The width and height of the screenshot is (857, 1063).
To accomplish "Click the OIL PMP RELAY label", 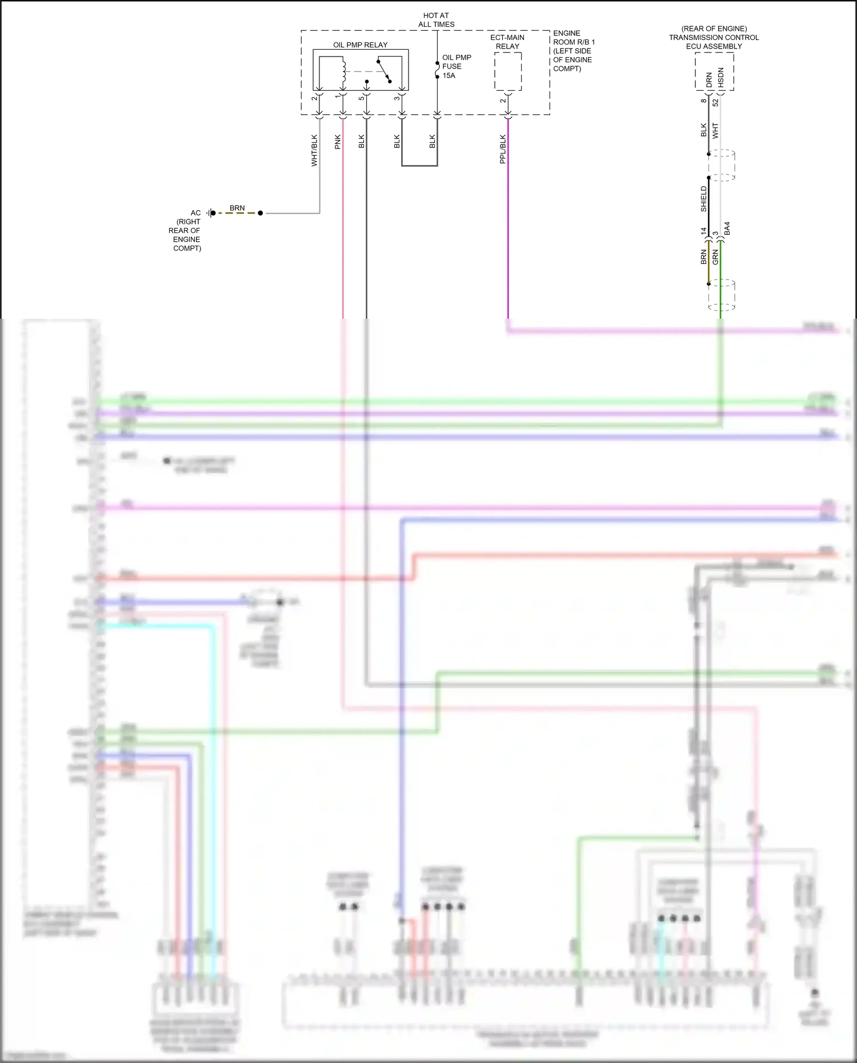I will click(x=360, y=45).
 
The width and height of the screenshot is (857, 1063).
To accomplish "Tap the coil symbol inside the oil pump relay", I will click(x=343, y=72).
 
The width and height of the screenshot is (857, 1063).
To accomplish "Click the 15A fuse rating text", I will click(x=448, y=75).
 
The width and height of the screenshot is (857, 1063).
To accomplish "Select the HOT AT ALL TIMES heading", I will click(x=436, y=20).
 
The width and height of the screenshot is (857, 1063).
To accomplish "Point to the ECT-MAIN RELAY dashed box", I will click(x=508, y=71).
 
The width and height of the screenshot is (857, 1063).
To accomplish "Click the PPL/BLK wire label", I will click(x=503, y=149).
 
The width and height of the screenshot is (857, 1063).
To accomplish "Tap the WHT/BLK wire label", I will click(x=314, y=150).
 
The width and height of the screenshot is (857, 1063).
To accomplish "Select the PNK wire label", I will click(x=338, y=142).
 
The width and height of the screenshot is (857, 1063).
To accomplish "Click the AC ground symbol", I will click(x=211, y=213).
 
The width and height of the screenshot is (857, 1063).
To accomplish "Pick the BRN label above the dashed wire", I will click(x=237, y=208).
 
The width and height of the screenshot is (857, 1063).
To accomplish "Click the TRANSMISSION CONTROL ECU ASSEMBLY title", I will click(x=714, y=38).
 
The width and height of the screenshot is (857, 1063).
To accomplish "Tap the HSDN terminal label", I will click(x=720, y=78).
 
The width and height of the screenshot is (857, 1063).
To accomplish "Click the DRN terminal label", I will click(x=709, y=79).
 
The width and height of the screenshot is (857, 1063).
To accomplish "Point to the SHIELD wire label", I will click(x=704, y=199).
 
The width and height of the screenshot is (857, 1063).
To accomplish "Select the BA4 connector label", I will click(x=727, y=228).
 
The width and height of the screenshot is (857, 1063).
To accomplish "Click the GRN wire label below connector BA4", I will click(x=715, y=257).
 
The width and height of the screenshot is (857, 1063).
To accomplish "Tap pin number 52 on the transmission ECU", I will click(x=715, y=102).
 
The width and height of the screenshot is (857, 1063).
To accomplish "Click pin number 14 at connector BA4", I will click(x=704, y=231).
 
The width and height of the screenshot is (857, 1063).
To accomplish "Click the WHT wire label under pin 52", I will click(x=715, y=130).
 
